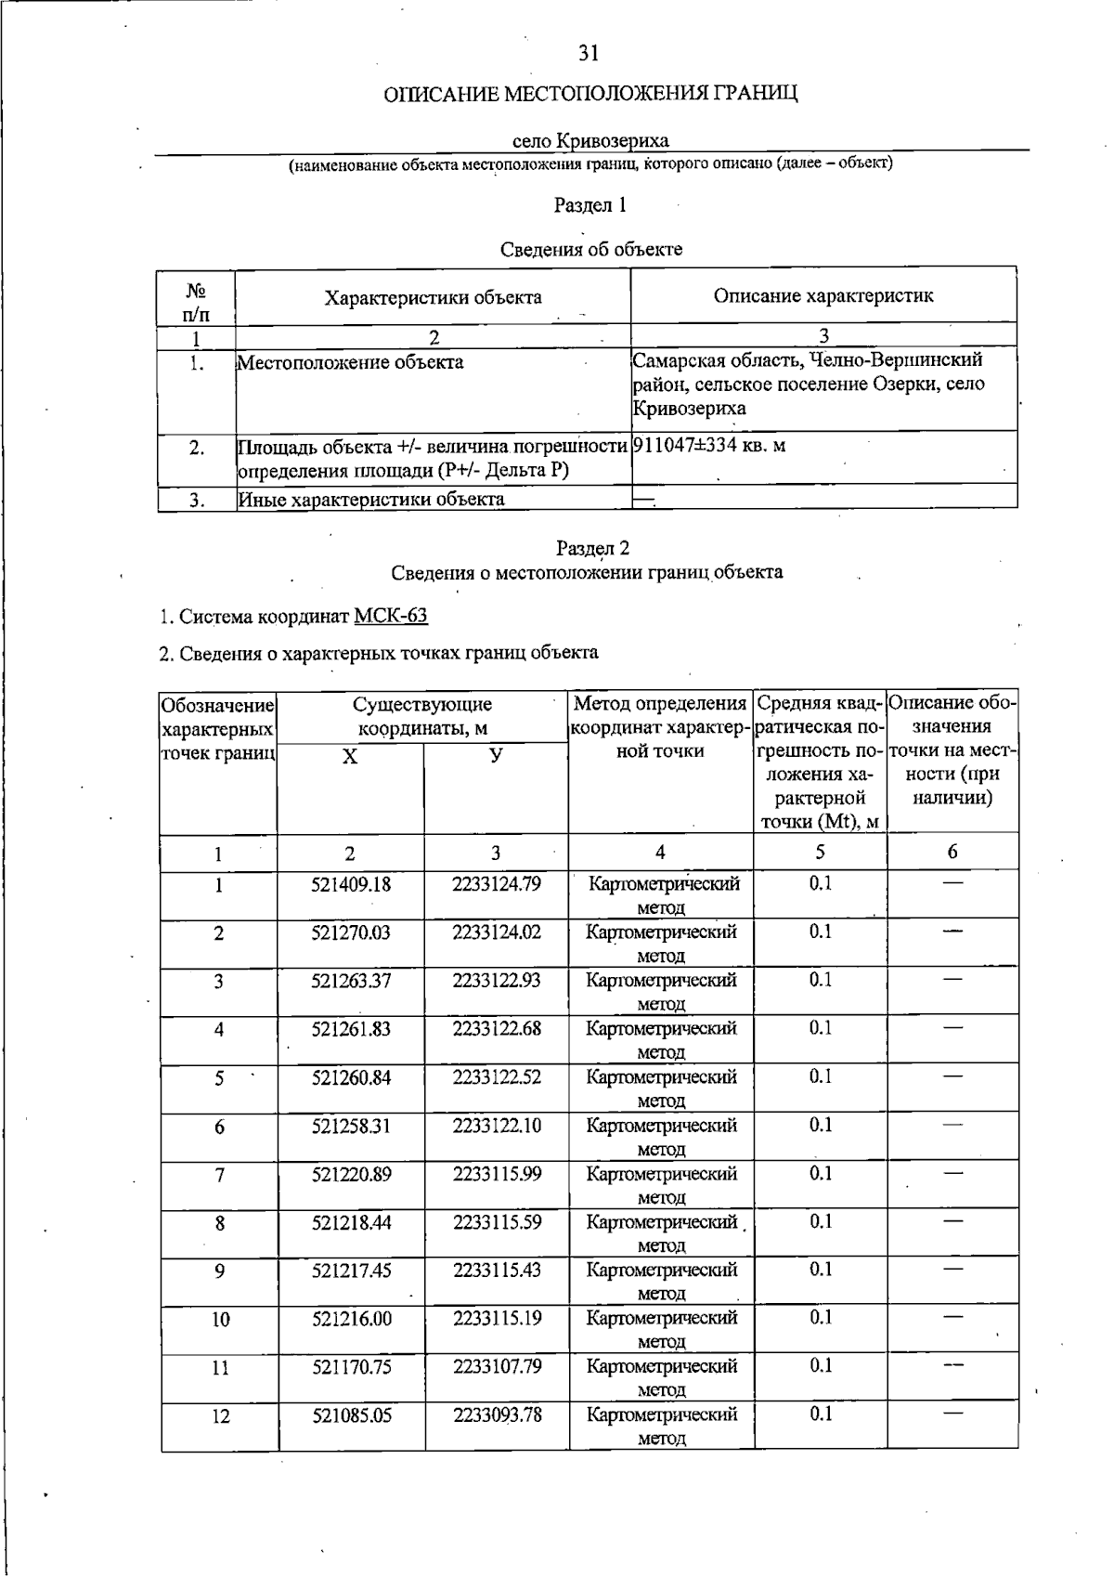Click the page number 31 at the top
point(588,54)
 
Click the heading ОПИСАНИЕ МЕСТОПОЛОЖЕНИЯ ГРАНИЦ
point(591,94)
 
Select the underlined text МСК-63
point(391,616)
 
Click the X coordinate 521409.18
point(351,884)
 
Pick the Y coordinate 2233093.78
point(497,1414)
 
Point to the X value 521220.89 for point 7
point(351,1174)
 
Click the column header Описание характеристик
point(823,296)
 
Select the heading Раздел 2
point(592,548)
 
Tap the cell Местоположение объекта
point(351,362)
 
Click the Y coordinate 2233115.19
point(497,1318)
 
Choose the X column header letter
point(350,757)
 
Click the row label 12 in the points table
point(220,1416)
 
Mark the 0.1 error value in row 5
point(820,1076)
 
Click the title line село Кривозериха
point(590,141)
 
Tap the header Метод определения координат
point(660,726)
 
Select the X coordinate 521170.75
point(351,1366)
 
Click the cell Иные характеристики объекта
point(371,500)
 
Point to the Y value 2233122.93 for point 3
point(497,980)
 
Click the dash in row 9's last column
point(952,1269)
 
